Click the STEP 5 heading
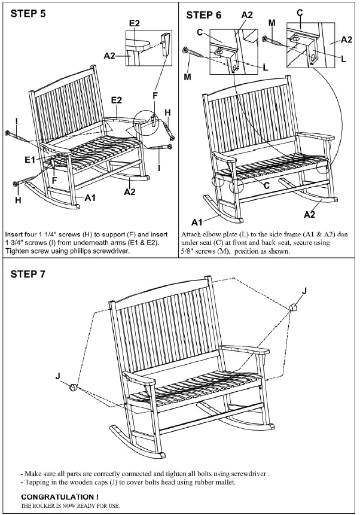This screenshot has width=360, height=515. [29, 14]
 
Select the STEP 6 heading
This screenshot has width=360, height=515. [204, 15]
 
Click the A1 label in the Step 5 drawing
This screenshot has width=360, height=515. [91, 197]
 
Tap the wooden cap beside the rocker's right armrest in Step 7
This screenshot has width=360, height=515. [294, 308]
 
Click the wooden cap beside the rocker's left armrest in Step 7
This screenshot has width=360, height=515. [73, 386]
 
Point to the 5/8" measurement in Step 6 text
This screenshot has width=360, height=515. [190, 251]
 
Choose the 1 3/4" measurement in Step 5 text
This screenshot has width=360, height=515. [14, 243]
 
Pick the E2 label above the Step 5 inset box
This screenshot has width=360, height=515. [135, 23]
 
